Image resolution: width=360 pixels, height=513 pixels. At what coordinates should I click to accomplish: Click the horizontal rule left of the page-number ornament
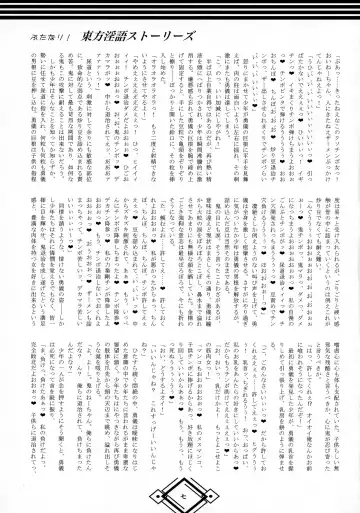[x=90, y=491]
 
